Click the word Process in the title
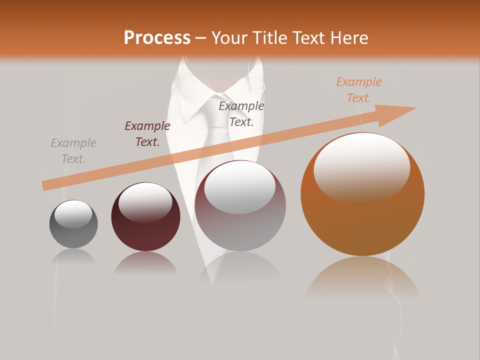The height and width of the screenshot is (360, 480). pos(157,38)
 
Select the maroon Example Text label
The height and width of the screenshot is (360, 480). pos(147,134)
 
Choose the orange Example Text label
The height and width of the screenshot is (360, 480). pos(359,90)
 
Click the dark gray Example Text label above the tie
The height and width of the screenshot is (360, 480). pos(241,114)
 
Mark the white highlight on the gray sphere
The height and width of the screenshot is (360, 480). pos(73,214)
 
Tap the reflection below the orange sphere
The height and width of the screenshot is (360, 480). pos(362,278)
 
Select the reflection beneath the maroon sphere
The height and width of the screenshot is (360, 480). pos(145,263)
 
